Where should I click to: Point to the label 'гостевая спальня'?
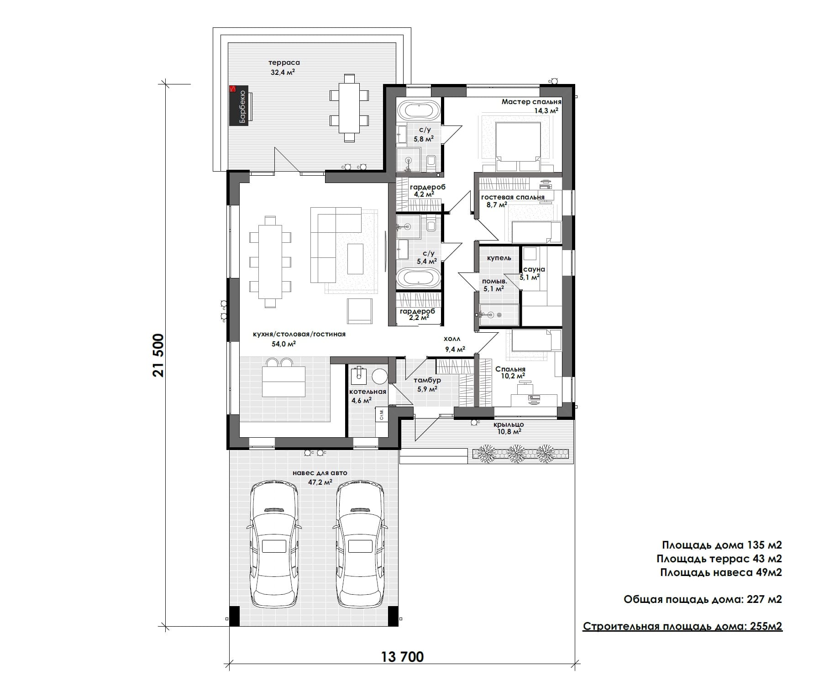[513, 197]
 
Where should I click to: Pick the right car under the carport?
[360, 545]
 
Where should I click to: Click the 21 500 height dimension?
[158, 356]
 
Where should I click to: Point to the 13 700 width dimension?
[402, 657]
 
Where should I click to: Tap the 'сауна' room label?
[534, 269]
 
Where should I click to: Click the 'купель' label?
[499, 258]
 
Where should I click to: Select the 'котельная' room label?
[367, 392]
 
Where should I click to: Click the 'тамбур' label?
[427, 380]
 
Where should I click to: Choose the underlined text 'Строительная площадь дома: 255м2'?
[682, 626]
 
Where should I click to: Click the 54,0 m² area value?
[284, 344]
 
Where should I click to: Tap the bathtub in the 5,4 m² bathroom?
[419, 278]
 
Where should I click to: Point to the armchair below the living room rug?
[360, 311]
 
